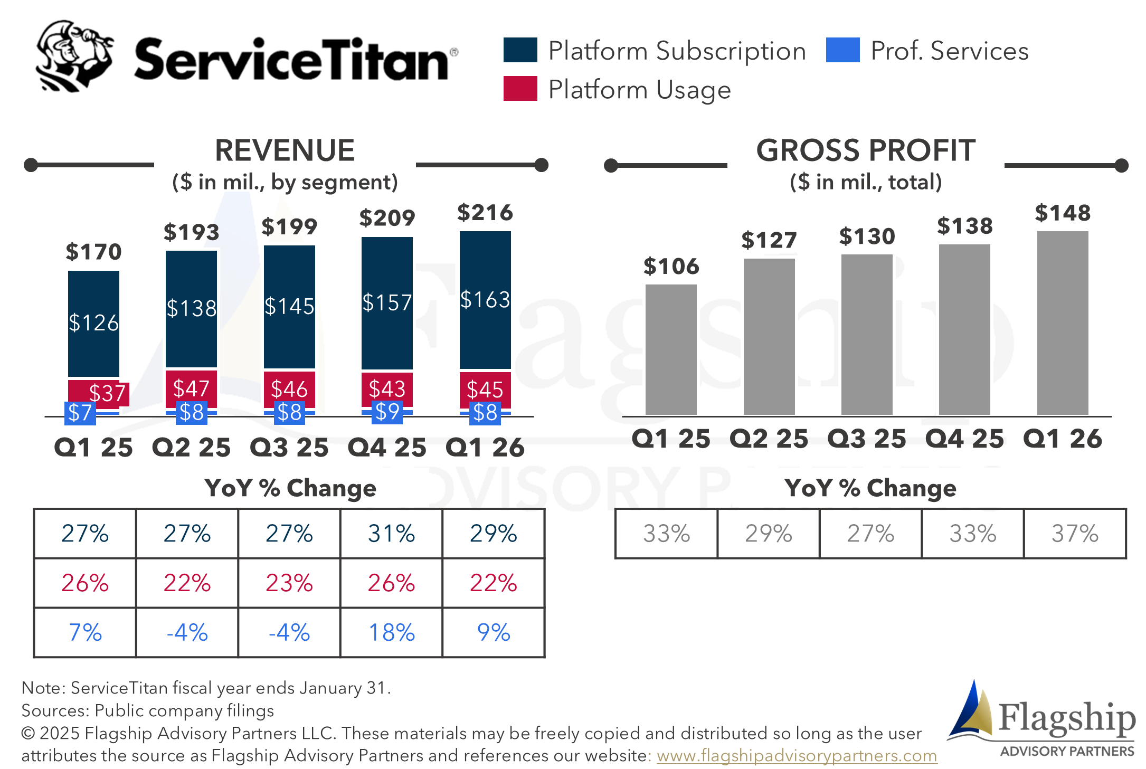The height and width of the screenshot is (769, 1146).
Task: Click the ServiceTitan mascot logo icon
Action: click(x=74, y=56)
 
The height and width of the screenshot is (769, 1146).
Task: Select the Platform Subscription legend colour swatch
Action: click(x=520, y=50)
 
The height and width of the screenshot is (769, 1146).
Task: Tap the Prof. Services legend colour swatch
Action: click(x=842, y=50)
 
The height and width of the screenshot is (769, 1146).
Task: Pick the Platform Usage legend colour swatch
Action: click(x=520, y=88)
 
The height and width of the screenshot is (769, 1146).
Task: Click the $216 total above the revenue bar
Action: click(x=485, y=213)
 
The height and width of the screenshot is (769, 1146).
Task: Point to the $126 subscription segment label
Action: click(x=94, y=322)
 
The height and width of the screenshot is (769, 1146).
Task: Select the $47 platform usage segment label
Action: click(x=191, y=388)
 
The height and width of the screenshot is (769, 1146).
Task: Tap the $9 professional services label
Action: click(x=387, y=412)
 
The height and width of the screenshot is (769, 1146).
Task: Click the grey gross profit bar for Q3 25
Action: click(x=867, y=335)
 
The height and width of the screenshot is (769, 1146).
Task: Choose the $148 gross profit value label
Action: click(x=1063, y=213)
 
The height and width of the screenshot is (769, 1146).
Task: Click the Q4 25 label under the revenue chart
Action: click(x=387, y=448)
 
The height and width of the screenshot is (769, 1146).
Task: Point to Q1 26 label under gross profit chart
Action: click(x=1063, y=439)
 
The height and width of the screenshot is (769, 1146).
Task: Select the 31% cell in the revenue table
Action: click(x=392, y=534)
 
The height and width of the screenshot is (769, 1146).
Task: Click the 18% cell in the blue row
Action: click(x=392, y=632)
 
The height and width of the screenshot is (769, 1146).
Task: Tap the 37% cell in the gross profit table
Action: click(x=1075, y=534)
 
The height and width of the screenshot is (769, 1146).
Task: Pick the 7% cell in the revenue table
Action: click(x=85, y=632)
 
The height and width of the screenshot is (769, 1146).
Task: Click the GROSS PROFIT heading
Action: click(x=866, y=150)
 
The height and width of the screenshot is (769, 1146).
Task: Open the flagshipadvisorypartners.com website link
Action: click(x=797, y=755)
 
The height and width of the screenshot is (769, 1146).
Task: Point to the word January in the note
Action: click(x=330, y=688)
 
